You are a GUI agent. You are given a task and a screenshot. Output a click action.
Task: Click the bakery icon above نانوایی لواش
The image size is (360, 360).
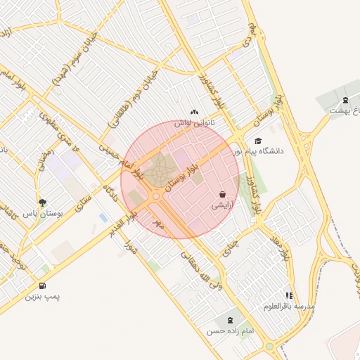point(195,112)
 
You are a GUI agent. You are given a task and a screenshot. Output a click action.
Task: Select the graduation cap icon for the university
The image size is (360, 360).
point(258,141)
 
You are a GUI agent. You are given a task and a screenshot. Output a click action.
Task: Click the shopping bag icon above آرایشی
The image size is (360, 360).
point(223,194)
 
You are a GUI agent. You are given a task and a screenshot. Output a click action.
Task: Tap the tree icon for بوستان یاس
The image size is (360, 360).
point(43,202)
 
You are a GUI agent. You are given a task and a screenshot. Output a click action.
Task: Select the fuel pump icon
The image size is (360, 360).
point(44,285)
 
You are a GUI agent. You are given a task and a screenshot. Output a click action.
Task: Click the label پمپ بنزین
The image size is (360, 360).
point(44,297)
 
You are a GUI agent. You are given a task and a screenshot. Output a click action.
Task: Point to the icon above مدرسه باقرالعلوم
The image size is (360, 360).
point(290,296)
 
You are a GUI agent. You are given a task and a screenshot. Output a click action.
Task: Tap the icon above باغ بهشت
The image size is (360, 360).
point(345,101)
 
